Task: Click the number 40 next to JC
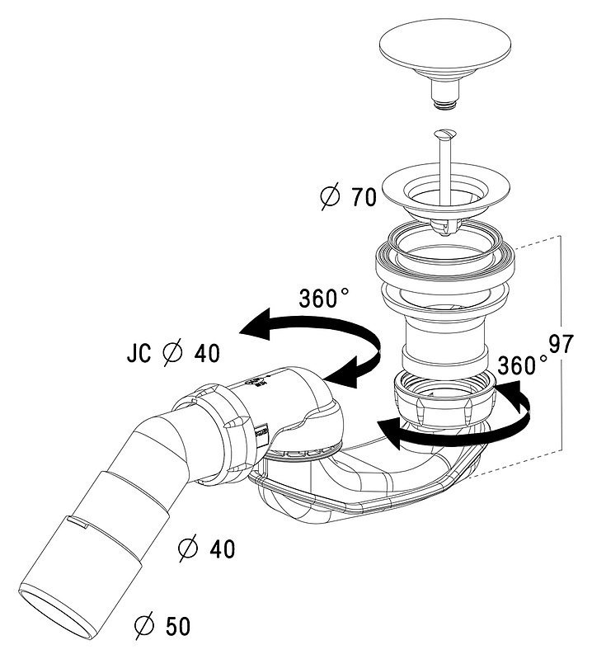tap(206, 354)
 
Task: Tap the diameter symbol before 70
tap(328, 198)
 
